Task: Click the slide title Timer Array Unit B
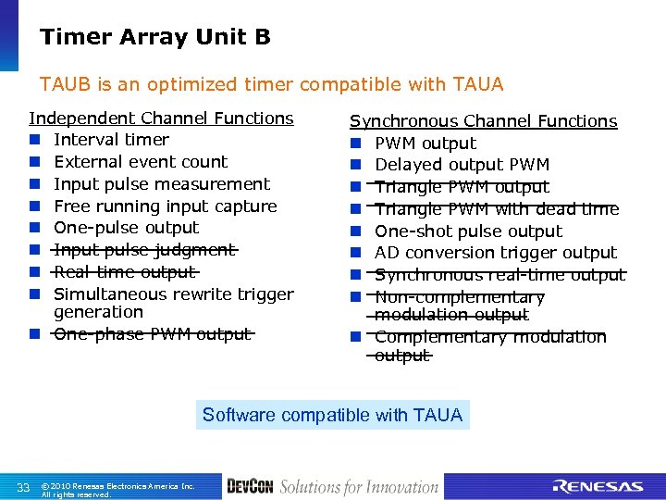[154, 37]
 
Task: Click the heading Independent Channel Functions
[161, 119]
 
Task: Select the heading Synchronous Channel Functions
[483, 121]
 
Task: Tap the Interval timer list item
[111, 140]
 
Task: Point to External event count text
[141, 162]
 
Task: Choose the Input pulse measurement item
[162, 184]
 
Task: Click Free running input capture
[166, 206]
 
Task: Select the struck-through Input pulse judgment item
[145, 250]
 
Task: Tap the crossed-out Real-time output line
[125, 272]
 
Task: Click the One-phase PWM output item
[153, 334]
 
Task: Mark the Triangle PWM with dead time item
[497, 209]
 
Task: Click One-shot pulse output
[468, 231]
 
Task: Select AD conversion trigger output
[495, 253]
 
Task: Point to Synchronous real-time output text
[499, 275]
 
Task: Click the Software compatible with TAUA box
[332, 415]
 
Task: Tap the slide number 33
[24, 488]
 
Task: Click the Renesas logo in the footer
[597, 487]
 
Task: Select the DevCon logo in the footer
[249, 487]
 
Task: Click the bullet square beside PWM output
[354, 144]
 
